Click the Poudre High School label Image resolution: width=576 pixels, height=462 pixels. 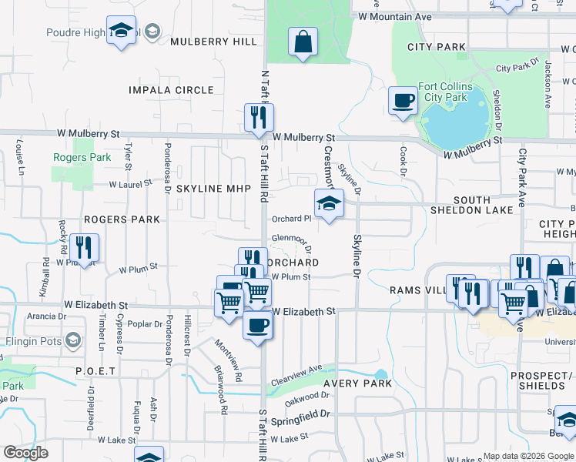76,32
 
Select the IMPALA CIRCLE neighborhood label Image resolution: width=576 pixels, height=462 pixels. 172,90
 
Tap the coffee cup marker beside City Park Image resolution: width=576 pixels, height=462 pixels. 402,101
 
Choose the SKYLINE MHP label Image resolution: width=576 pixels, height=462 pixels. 209,189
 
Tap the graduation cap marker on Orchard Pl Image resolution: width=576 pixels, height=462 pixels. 329,203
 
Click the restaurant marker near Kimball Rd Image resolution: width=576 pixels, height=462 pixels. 84,247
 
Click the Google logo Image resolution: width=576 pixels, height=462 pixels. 25,453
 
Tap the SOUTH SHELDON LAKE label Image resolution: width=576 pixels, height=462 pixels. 460,205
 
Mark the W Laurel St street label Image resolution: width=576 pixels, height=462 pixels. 133,185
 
